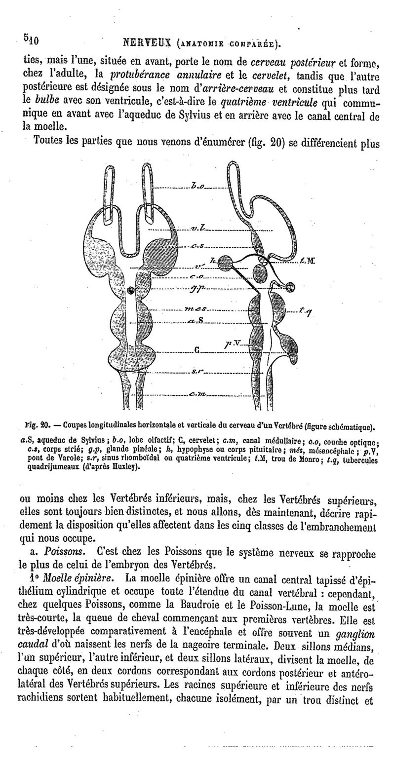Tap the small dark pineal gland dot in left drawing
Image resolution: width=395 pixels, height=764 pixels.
(x=130, y=289)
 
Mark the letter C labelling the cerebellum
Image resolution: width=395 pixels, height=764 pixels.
(x=197, y=351)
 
